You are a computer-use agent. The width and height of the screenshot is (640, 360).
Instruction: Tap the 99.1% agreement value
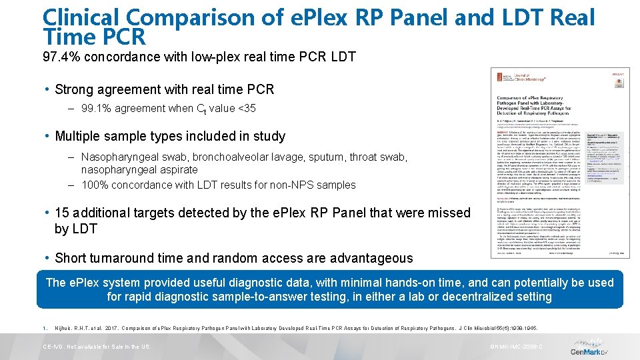point(95,108)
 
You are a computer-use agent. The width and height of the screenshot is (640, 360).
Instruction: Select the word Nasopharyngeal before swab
point(121,157)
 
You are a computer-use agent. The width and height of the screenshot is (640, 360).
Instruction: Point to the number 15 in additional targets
point(63,213)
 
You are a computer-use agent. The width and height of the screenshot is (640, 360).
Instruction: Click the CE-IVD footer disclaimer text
point(97,347)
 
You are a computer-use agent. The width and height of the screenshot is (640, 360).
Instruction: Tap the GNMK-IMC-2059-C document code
point(517,347)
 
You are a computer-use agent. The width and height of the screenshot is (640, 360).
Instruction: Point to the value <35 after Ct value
point(247,108)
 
